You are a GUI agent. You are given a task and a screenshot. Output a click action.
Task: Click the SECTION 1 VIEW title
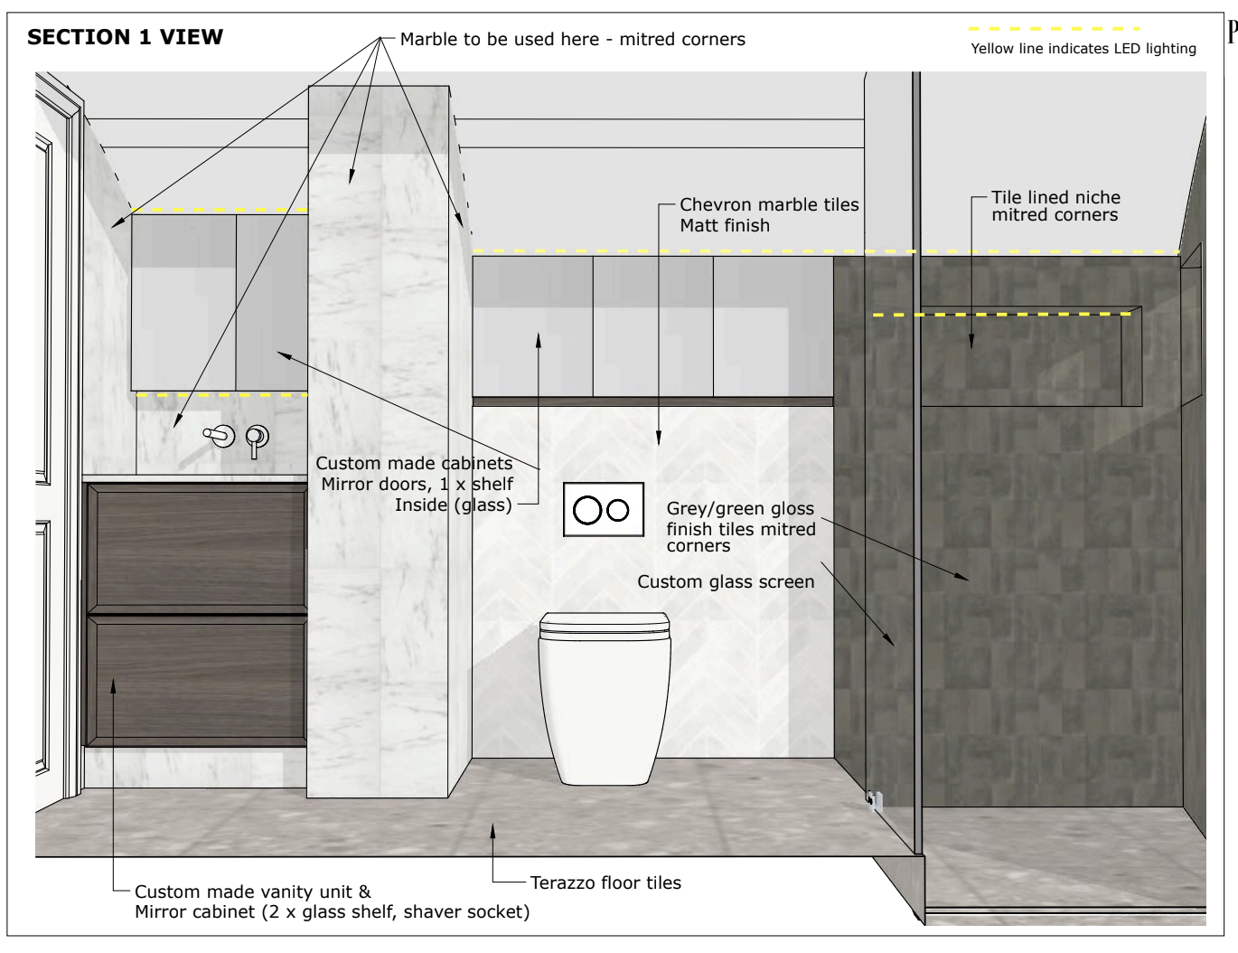coord(125,37)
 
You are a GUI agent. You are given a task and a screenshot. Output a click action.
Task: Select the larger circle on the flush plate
coord(586,510)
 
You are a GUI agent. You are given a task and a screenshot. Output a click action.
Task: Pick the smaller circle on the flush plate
coord(617,510)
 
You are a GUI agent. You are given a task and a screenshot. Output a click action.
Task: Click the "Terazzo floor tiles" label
coord(605,882)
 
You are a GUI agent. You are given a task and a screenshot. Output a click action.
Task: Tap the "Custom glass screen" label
coord(726,581)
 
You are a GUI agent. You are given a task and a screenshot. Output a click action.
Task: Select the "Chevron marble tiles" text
coord(769,204)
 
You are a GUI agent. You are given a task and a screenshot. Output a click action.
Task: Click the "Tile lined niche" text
coord(1055,197)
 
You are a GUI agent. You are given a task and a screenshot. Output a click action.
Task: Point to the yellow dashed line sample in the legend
coord(1054,29)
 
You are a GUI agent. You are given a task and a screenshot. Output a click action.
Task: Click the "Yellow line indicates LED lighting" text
coord(1083,49)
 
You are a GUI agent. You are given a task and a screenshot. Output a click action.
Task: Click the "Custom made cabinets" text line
coord(414,463)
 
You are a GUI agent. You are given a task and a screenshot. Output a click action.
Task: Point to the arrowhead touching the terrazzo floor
coord(492,830)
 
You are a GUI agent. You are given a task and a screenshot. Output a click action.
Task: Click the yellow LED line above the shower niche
coord(1001,314)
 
